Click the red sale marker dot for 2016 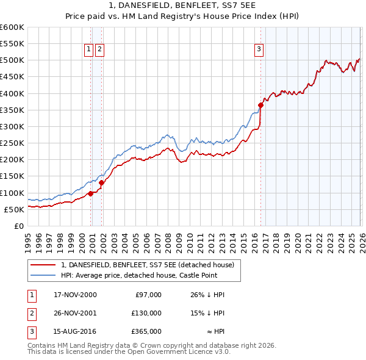(x=260, y=105)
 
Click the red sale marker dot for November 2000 (x=91, y=193)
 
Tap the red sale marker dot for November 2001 (x=102, y=182)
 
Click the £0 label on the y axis (x=20, y=226)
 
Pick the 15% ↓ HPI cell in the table (x=208, y=314)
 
